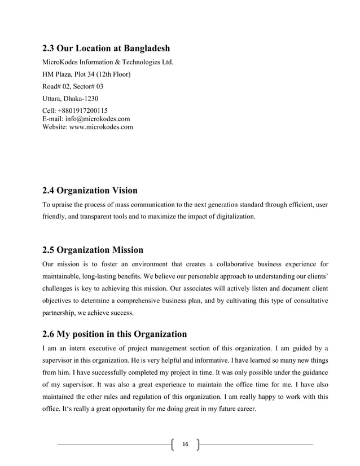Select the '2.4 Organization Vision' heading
[90, 190]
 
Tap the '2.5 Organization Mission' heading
[93, 249]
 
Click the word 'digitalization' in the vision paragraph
[234, 216]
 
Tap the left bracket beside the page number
[172, 446]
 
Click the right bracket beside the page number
[197, 446]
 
